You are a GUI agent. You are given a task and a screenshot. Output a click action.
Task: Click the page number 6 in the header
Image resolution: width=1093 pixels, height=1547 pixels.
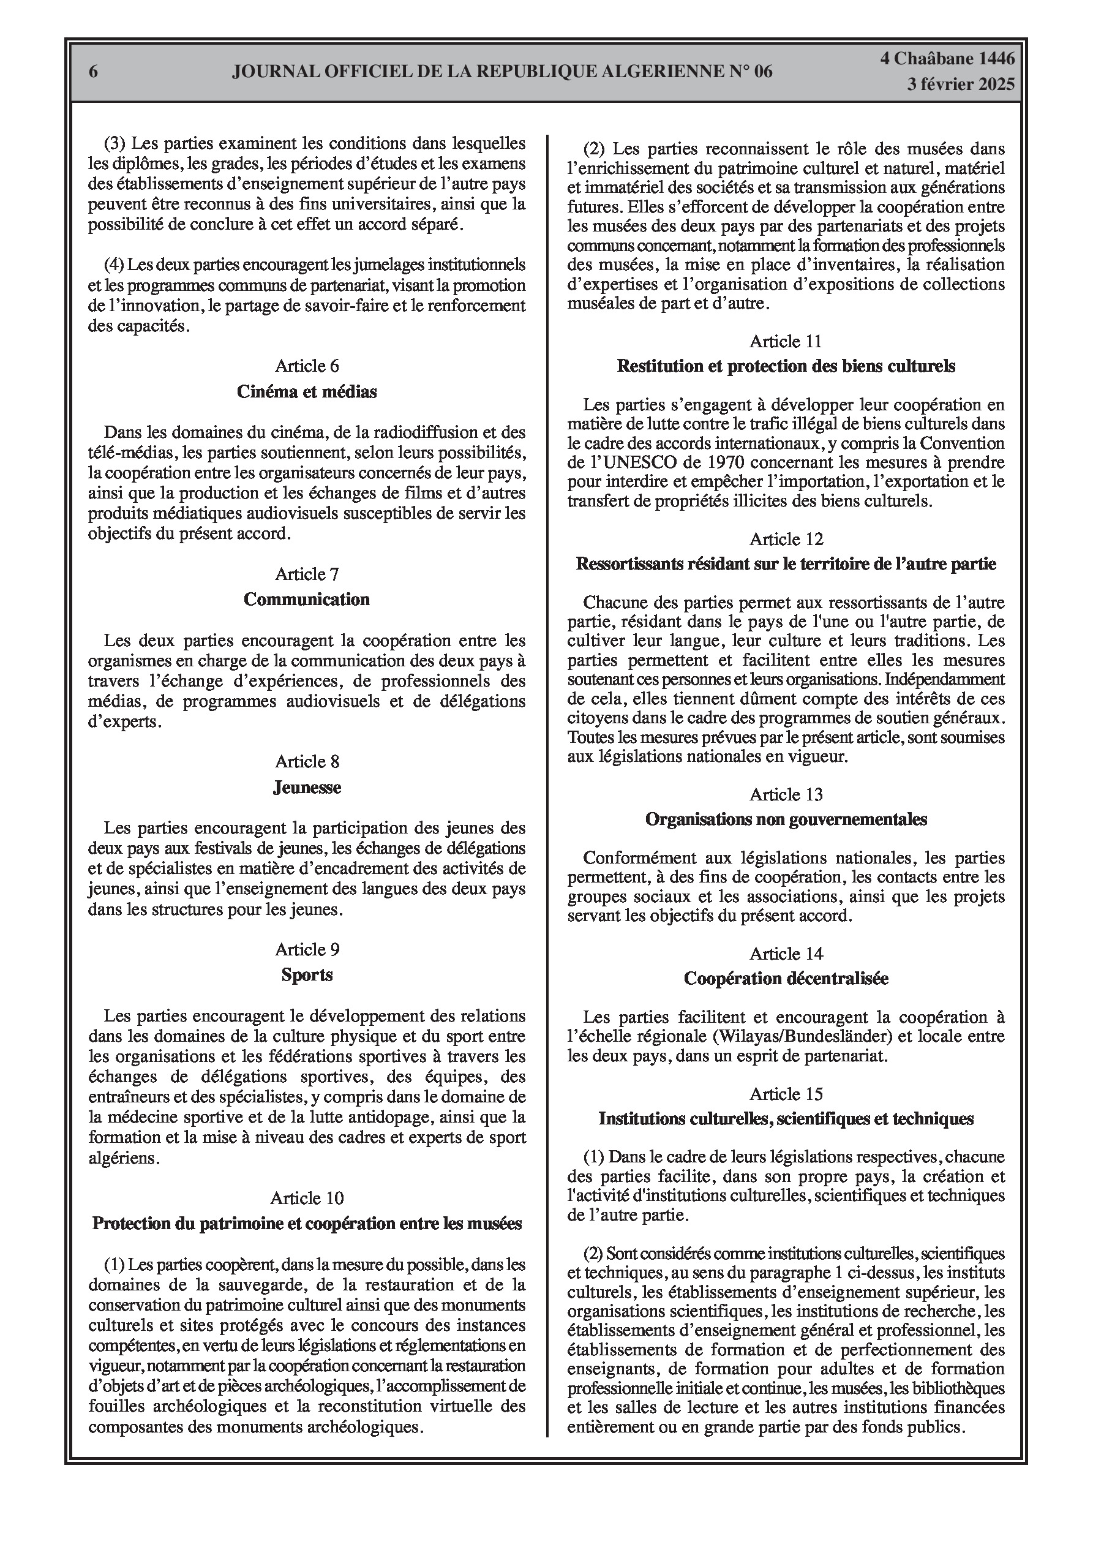(x=94, y=72)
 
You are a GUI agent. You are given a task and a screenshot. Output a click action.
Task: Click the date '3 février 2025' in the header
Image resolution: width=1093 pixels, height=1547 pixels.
(x=960, y=85)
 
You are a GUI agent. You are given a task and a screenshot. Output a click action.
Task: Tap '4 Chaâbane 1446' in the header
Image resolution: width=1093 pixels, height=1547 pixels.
(x=947, y=59)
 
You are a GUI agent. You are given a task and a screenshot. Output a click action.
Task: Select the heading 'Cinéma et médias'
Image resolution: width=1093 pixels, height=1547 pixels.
(x=307, y=391)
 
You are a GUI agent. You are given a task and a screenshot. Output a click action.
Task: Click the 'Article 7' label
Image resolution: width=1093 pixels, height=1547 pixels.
(x=307, y=574)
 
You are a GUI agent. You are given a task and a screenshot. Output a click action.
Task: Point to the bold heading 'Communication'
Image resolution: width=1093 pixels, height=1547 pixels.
(x=307, y=599)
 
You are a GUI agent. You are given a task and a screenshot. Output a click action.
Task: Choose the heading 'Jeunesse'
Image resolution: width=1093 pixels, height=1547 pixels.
(x=307, y=787)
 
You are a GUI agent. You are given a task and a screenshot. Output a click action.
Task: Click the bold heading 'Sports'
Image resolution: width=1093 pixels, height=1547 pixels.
(x=307, y=975)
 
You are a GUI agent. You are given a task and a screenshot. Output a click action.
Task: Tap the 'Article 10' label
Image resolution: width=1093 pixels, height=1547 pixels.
(x=307, y=1198)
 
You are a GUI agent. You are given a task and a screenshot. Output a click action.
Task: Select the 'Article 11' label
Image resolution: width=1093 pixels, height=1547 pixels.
(x=786, y=341)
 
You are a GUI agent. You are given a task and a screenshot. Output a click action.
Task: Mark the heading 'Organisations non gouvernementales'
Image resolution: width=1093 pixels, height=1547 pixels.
(x=786, y=819)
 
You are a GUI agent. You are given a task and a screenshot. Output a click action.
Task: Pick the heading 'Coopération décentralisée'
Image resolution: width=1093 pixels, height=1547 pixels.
(x=786, y=978)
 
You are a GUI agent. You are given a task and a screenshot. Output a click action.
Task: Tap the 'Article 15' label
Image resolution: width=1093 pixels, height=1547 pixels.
(x=786, y=1094)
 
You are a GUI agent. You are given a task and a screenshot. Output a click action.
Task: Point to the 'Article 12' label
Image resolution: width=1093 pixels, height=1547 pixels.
(x=786, y=539)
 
